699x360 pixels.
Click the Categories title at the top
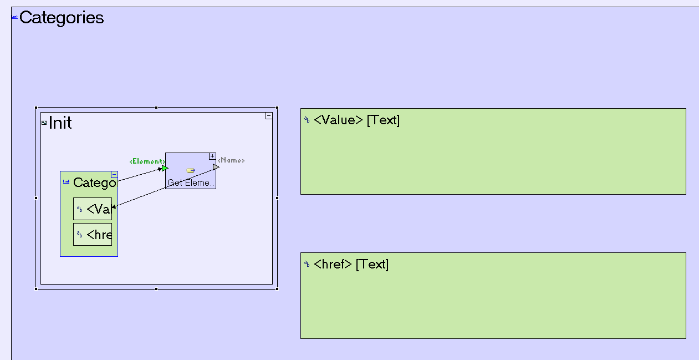click(61, 18)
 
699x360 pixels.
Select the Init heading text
click(60, 123)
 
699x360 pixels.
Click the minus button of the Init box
click(269, 116)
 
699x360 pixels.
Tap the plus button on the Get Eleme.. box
click(212, 156)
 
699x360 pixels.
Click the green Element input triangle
click(165, 168)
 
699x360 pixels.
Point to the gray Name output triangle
click(216, 166)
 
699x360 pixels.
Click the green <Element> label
click(147, 161)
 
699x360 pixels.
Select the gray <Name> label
click(231, 160)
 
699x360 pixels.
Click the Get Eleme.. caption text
click(190, 182)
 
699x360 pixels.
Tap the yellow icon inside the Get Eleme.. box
click(191, 170)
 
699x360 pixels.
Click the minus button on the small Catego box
click(114, 174)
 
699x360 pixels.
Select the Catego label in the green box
click(94, 182)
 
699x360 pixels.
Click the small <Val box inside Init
click(93, 209)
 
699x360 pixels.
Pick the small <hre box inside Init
click(93, 234)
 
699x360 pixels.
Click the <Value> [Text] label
click(356, 120)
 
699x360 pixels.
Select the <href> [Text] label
click(351, 264)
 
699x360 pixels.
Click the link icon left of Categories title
click(14, 17)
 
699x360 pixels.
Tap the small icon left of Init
click(44, 123)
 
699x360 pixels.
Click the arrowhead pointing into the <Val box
click(114, 207)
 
